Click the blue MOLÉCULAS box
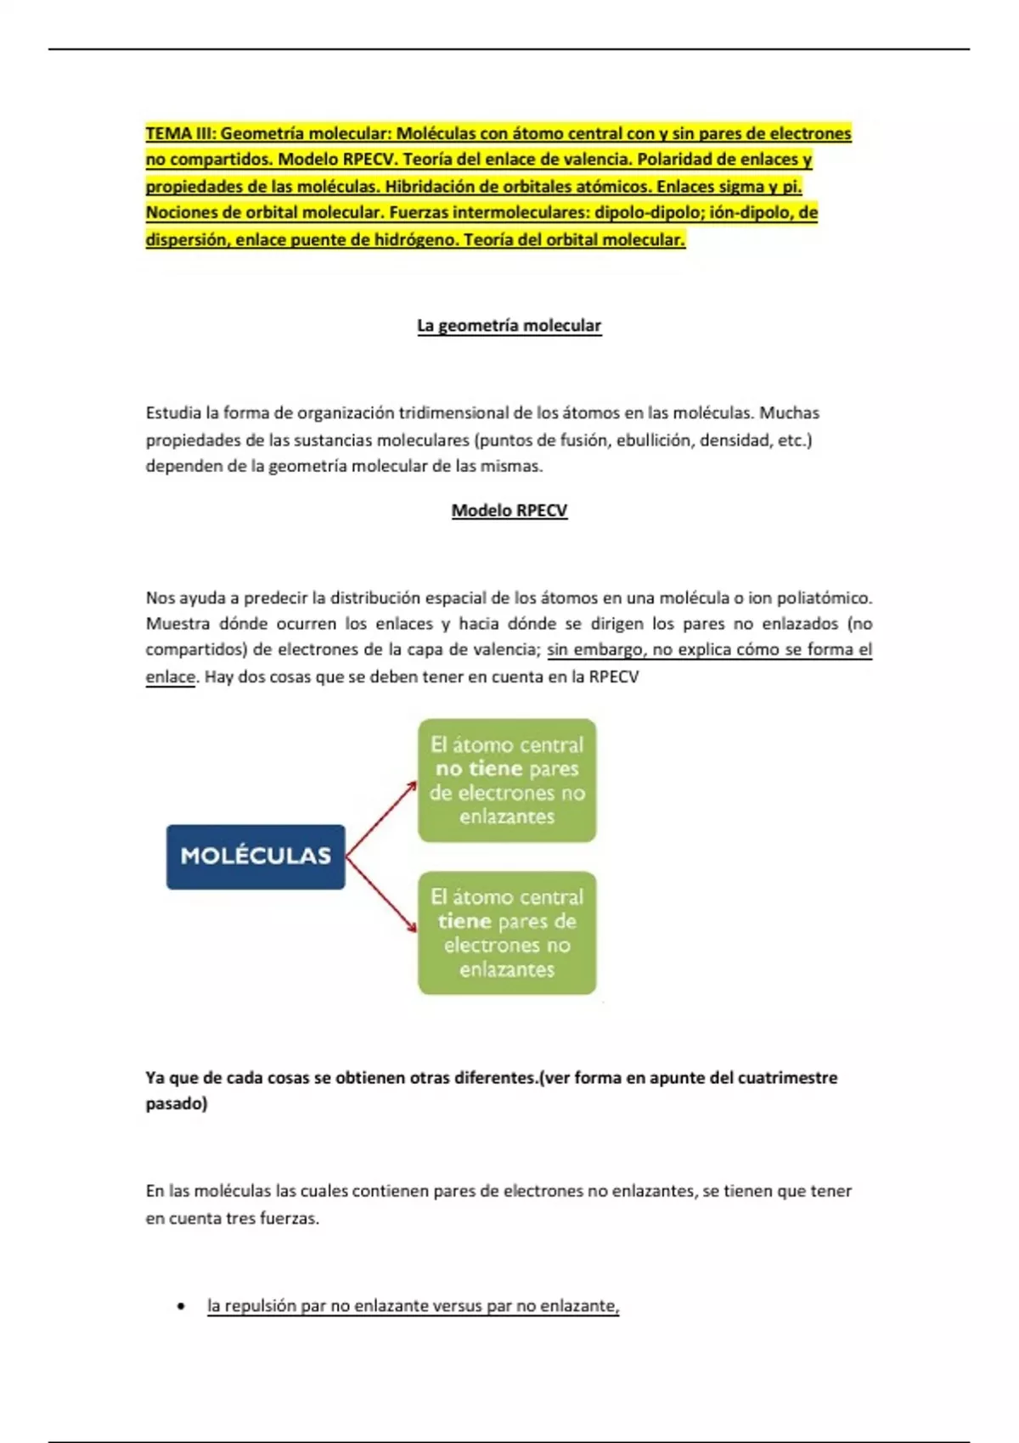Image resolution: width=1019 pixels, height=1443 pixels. pos(256,856)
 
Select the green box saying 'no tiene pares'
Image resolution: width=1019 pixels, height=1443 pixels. pos(507,780)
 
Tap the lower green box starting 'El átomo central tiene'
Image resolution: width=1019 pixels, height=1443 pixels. pos(507,933)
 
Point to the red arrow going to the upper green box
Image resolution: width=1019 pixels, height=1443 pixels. pos(382,818)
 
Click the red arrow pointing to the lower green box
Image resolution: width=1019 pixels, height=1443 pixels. pos(382,895)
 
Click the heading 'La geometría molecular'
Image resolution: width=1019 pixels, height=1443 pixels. pos(509,326)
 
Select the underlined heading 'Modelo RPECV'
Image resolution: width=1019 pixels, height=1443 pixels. pos(509,511)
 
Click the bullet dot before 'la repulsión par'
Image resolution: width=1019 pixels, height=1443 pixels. pos(181,1306)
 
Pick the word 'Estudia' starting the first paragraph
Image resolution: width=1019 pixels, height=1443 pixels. pos(173,413)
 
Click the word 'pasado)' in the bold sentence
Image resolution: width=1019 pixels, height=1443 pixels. pos(176,1104)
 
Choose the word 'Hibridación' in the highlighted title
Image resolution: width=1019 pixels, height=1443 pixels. pos(431,187)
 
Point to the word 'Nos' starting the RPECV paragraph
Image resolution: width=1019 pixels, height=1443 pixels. pos(160,598)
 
